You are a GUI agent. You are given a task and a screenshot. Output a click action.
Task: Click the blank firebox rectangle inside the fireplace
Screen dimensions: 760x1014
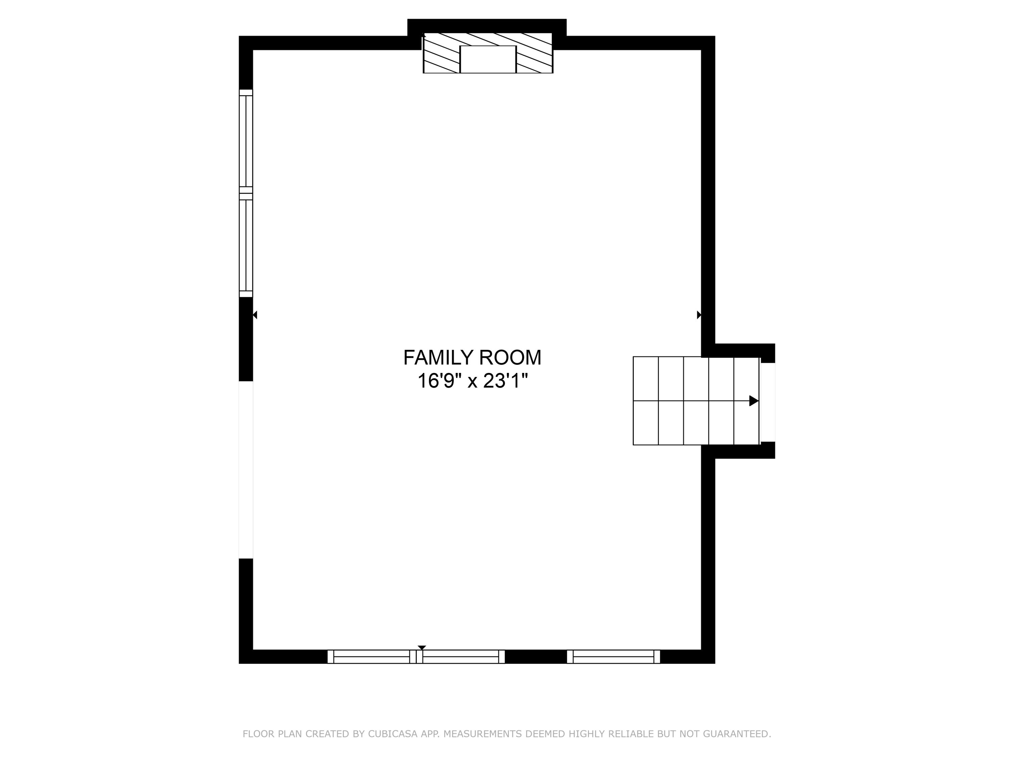tap(488, 59)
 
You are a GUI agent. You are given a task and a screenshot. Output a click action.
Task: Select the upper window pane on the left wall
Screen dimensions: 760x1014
tap(246, 141)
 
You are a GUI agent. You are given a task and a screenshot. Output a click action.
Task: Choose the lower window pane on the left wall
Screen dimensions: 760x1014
tap(246, 245)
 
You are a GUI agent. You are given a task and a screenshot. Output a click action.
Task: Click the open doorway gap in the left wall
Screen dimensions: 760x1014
tap(246, 470)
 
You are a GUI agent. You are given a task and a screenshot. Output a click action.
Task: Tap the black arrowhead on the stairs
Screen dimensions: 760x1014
tap(753, 401)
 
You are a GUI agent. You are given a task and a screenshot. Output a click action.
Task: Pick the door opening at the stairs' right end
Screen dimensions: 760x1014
tap(768, 402)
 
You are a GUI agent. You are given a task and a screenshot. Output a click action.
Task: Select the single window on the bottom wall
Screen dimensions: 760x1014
tap(613, 656)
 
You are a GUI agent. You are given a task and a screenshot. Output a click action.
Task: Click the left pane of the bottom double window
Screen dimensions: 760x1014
tap(371, 656)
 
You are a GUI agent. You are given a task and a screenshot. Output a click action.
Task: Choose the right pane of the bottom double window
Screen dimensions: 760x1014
tap(460, 656)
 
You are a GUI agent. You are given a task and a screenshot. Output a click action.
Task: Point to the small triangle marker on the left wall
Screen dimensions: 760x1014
tap(255, 315)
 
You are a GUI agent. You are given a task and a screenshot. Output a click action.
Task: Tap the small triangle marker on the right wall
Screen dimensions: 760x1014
tap(699, 315)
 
